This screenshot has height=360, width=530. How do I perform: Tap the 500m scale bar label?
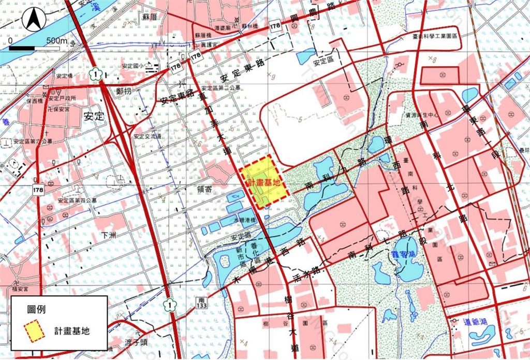pos(56,41)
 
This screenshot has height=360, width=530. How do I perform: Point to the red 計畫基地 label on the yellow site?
pos(264,182)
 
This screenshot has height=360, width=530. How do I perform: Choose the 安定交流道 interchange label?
pos(146,136)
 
